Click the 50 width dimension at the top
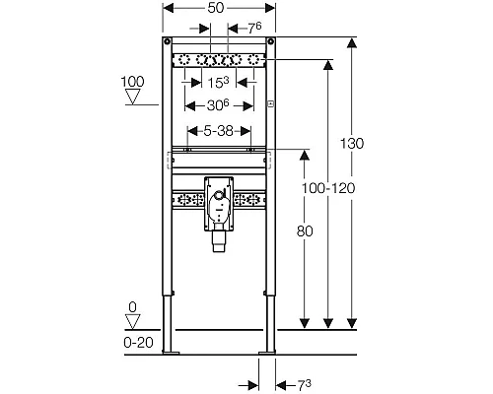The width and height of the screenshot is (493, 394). pyautogui.click(x=216, y=8)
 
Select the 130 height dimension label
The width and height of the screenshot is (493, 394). pyautogui.click(x=352, y=144)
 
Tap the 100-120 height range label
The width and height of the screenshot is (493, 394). pyautogui.click(x=328, y=188)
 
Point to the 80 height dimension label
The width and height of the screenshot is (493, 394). pyautogui.click(x=305, y=231)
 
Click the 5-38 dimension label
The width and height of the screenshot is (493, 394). pyautogui.click(x=219, y=131)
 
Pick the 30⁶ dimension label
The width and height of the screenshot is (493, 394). pyautogui.click(x=218, y=105)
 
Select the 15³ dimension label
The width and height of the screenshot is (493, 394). pyautogui.click(x=218, y=82)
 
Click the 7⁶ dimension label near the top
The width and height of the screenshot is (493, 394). pyautogui.click(x=254, y=29)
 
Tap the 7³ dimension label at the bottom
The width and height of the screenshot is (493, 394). pyautogui.click(x=304, y=385)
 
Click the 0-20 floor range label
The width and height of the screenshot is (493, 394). pyautogui.click(x=138, y=343)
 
